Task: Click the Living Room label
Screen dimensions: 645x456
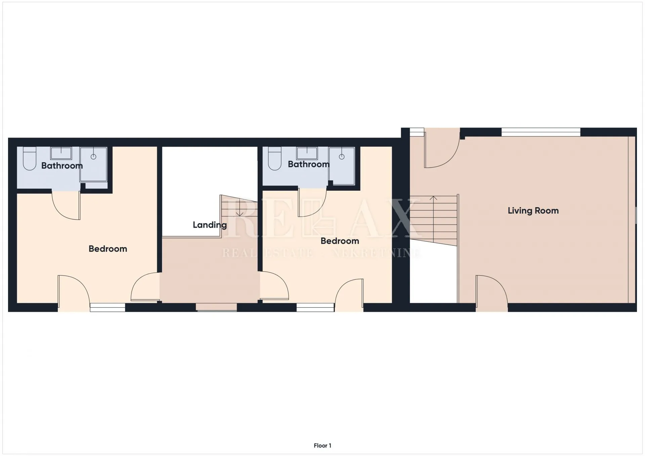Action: click(533, 211)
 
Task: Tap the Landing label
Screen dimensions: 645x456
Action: click(210, 225)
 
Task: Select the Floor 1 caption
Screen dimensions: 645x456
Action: click(322, 446)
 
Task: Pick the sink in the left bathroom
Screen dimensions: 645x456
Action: click(61, 153)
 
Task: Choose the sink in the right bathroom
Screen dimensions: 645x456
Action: click(307, 153)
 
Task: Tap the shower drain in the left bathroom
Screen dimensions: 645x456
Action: click(93, 157)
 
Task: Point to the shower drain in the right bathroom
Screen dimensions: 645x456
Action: click(342, 157)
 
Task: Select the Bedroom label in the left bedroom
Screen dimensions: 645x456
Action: click(108, 249)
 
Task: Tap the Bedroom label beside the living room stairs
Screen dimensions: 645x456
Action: click(340, 241)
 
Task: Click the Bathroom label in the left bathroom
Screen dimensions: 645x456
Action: click(62, 166)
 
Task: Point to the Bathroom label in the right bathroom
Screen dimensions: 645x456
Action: click(308, 164)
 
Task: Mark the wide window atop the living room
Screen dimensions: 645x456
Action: click(541, 132)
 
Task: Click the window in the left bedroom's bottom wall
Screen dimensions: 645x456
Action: click(107, 307)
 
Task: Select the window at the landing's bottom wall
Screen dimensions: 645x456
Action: click(216, 307)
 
